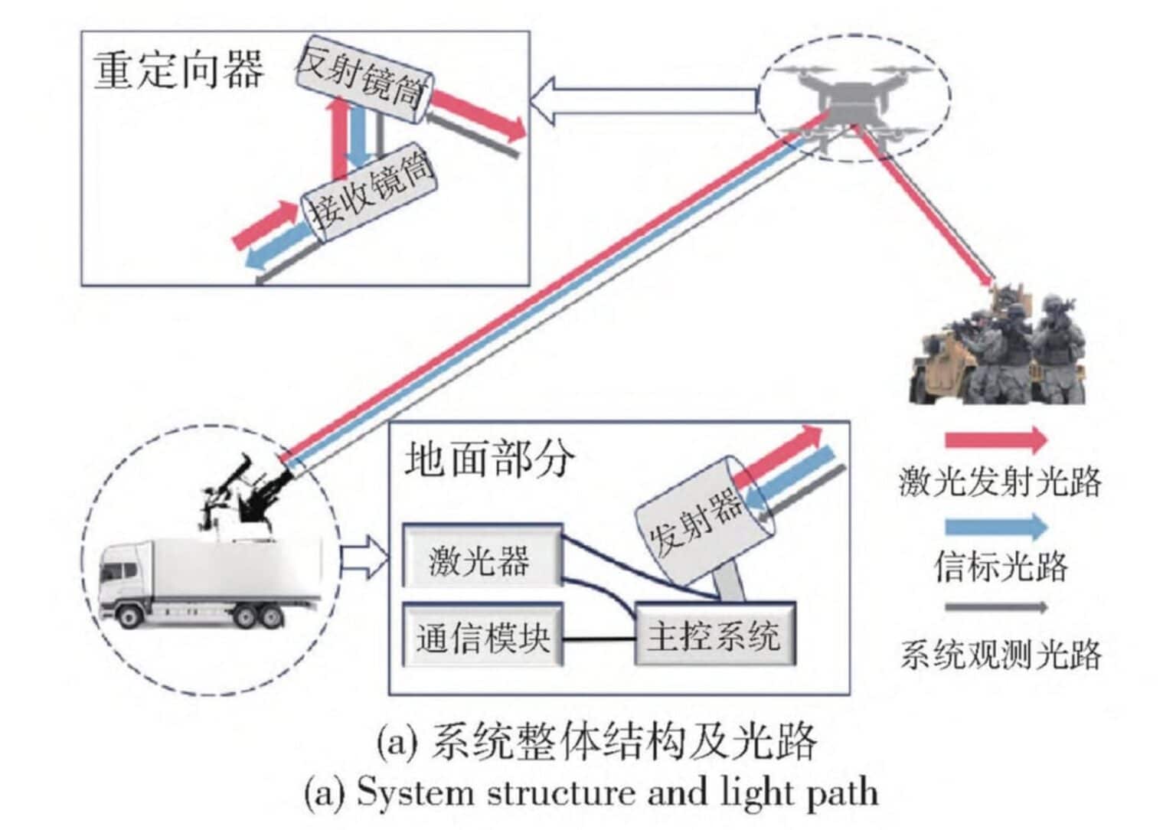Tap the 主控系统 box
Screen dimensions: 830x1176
click(714, 636)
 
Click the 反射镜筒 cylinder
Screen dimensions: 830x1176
click(364, 78)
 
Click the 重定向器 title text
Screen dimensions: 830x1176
click(178, 70)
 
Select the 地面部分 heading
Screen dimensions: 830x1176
click(488, 459)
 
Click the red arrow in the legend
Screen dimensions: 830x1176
click(995, 440)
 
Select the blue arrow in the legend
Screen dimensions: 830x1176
click(995, 527)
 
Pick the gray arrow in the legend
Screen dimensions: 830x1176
click(995, 607)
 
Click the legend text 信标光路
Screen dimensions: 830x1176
click(1000, 567)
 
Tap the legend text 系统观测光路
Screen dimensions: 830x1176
click(1000, 655)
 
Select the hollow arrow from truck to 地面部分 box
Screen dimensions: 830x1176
click(364, 559)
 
